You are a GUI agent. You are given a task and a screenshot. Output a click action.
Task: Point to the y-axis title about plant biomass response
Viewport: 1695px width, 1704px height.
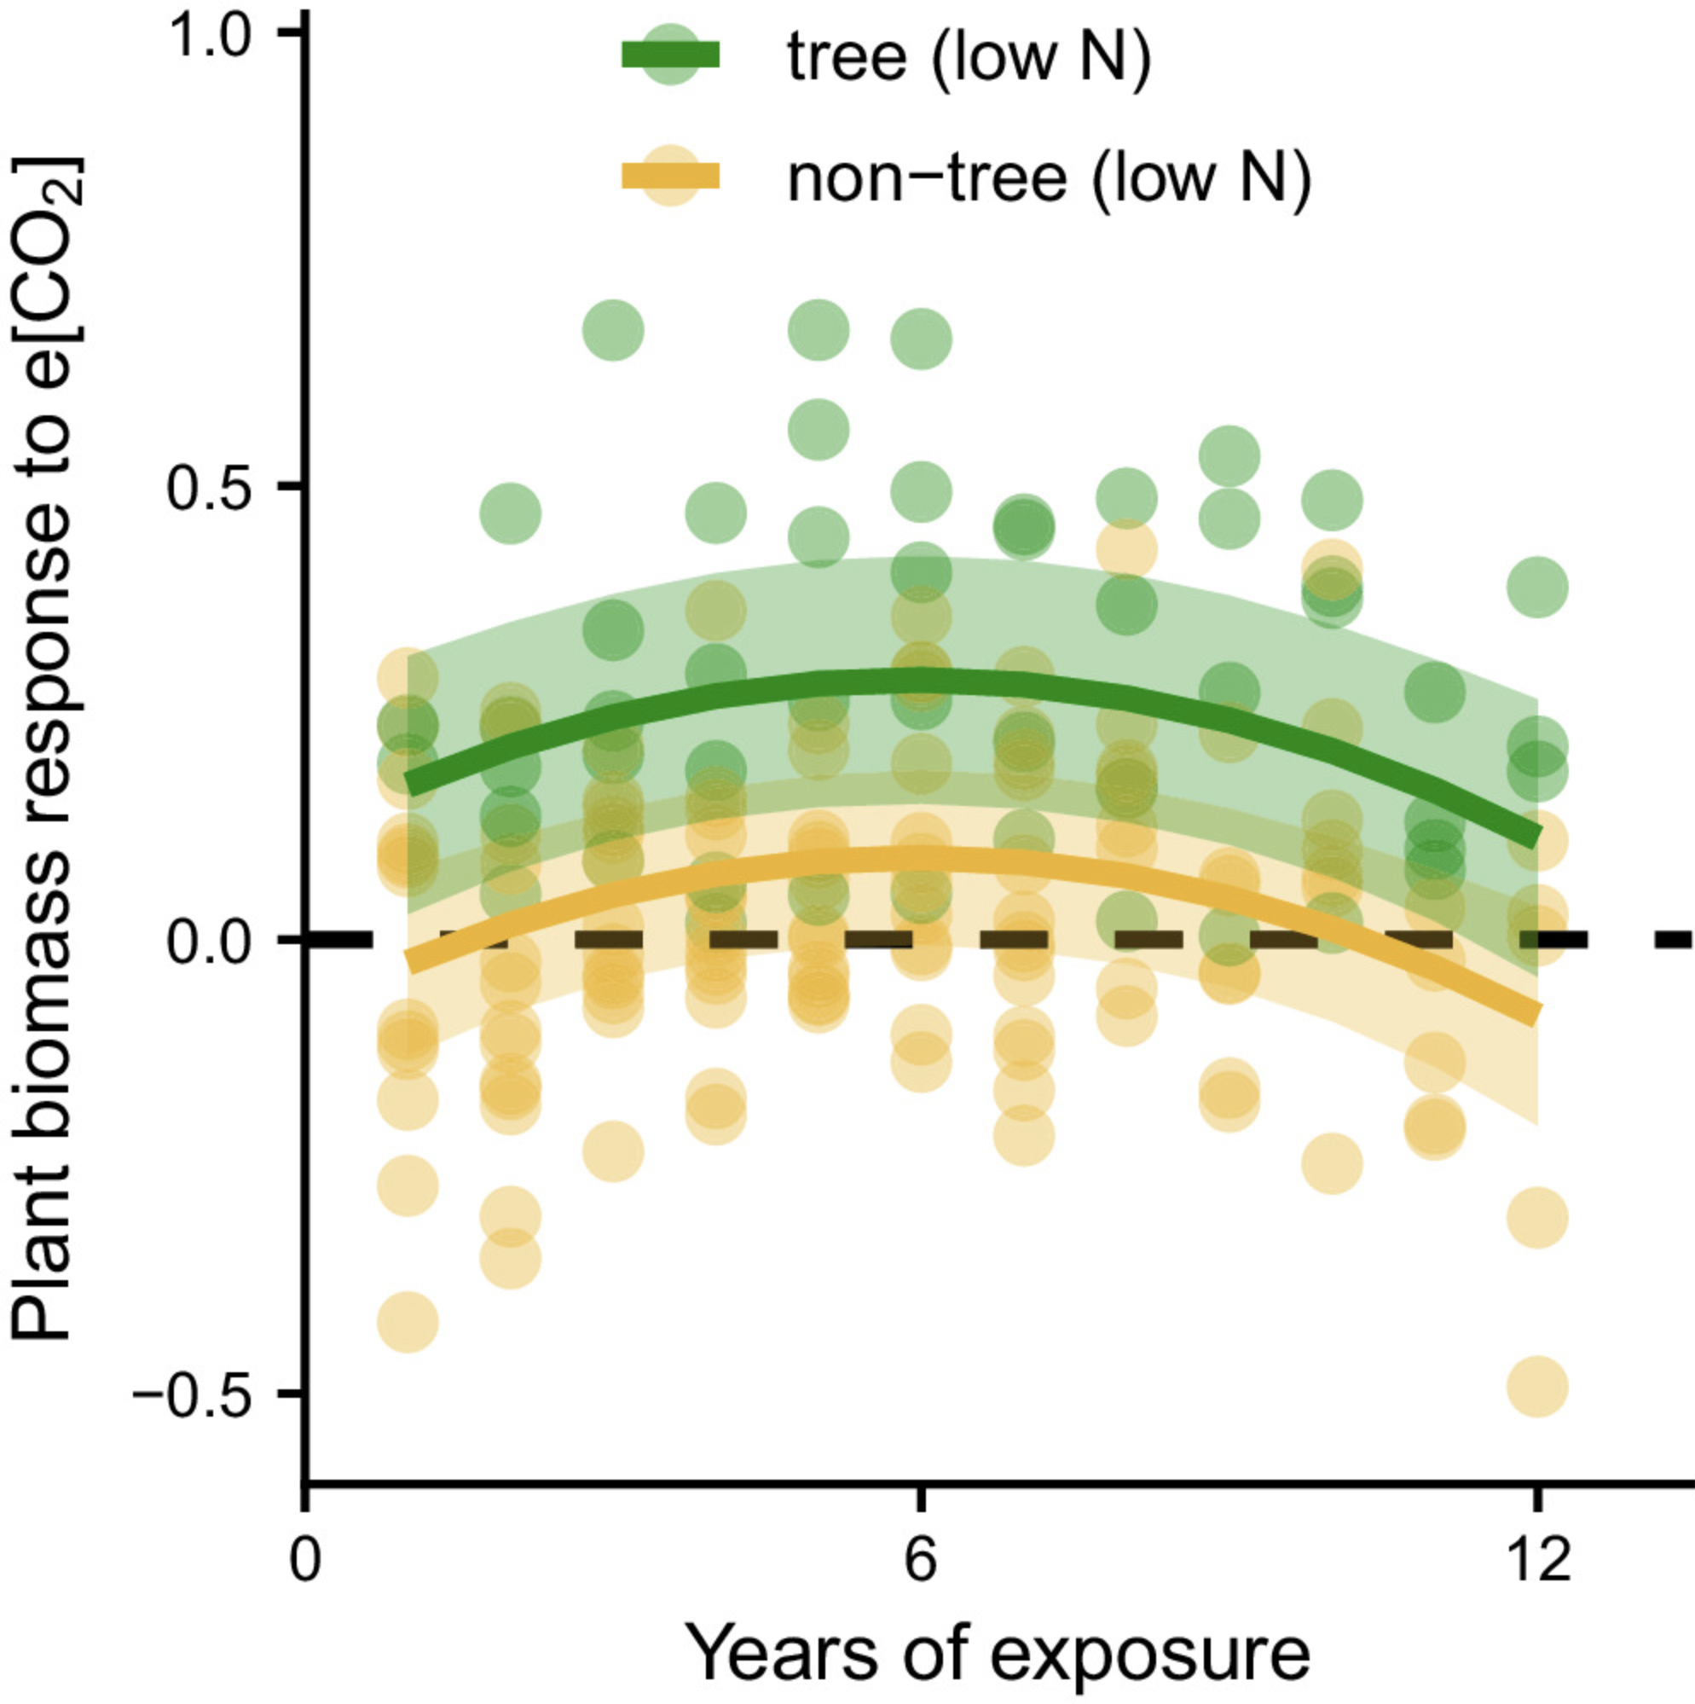[x=49, y=750]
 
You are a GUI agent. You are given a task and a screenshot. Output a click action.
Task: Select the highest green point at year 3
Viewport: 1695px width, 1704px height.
[x=614, y=330]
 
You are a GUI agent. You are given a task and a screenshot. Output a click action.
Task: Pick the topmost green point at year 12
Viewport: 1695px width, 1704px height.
[x=1537, y=587]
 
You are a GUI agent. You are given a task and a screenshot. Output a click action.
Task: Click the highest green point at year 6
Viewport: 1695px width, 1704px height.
[x=921, y=339]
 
